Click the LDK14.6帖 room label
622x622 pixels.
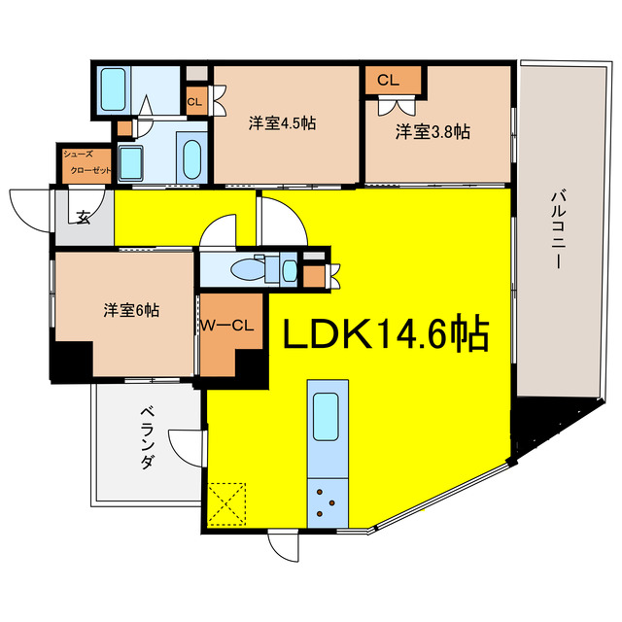coord(385,334)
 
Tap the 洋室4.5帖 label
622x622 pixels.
coord(280,123)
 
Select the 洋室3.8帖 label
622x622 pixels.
coord(432,132)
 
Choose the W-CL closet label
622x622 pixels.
coord(228,327)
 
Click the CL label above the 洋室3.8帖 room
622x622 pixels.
coord(389,80)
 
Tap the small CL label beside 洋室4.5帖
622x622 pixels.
coord(193,100)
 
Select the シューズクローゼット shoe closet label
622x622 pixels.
coord(88,162)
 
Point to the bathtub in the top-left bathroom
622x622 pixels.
coord(114,89)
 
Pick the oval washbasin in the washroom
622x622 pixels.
coord(190,155)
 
